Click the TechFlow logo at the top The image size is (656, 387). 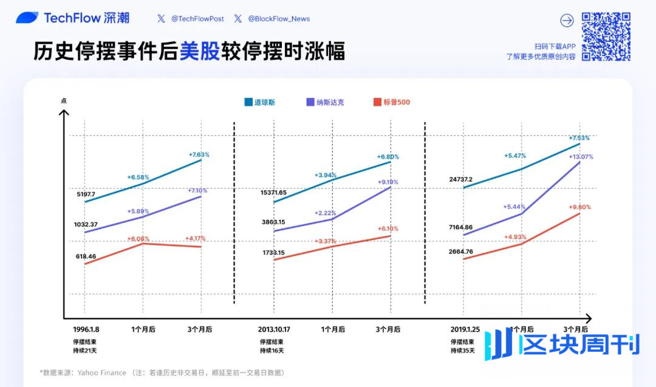(x=72, y=18)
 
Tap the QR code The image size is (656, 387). (x=606, y=36)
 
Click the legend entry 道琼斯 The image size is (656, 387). (x=260, y=102)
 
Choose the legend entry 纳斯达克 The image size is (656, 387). (x=326, y=102)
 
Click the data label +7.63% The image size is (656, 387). (x=199, y=154)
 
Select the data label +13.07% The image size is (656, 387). (x=581, y=157)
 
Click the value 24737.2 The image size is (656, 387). (x=461, y=179)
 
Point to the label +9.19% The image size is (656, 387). (x=388, y=182)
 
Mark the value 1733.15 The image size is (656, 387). (x=274, y=252)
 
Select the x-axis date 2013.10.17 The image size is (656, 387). (x=274, y=329)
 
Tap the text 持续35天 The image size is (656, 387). (x=462, y=351)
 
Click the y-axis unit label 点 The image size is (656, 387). (x=63, y=101)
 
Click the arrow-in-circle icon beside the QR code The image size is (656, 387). (x=566, y=21)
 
